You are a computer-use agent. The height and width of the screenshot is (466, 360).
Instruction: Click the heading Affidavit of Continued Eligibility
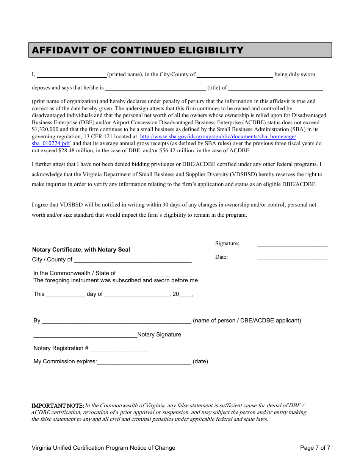pyautogui.click(x=138, y=50)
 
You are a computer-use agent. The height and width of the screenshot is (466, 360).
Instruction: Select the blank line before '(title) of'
pyautogui.click(x=155, y=89)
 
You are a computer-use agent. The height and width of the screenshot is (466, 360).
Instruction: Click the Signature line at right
pyautogui.click(x=293, y=245)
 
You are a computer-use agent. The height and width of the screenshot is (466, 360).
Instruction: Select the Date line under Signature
pyautogui.click(x=293, y=258)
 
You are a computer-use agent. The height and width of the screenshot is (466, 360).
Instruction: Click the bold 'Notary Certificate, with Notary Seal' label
pyautogui.click(x=81, y=250)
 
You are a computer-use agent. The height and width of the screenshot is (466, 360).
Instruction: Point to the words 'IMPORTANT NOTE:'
pyautogui.click(x=58, y=406)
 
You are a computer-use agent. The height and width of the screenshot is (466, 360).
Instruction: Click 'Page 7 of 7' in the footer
pyautogui.click(x=315, y=448)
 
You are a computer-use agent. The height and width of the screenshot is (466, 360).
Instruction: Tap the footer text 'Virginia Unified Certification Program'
pyautogui.click(x=80, y=448)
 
